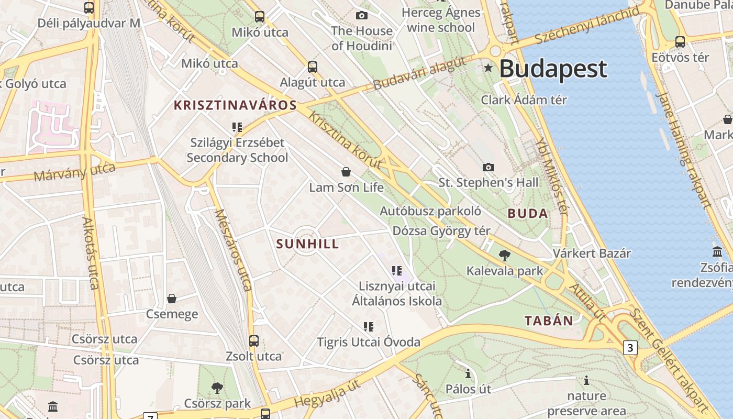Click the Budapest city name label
coord(553,69)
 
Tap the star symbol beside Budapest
coord(488,68)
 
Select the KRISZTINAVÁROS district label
coord(235,105)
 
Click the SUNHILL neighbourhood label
coord(307,244)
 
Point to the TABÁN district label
coord(549,321)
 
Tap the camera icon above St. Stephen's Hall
coord(488,167)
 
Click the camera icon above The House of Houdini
coord(361,15)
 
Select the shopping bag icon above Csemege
coord(172,299)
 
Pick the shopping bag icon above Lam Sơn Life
coord(346,172)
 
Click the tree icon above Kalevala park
coord(505,256)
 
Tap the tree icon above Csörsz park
coord(217,388)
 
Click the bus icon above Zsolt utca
coord(254,341)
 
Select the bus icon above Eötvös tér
coord(680,42)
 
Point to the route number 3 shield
coord(630,348)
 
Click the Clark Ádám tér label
coord(524,100)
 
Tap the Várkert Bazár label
coord(592,253)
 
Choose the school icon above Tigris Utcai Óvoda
coord(369,327)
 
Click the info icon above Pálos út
coord(468,374)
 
